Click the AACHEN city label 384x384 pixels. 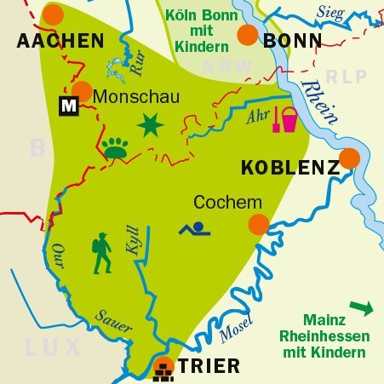(x=60, y=41)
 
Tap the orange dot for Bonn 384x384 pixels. (x=247, y=34)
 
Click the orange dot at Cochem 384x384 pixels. (x=259, y=224)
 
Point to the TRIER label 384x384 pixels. (x=209, y=367)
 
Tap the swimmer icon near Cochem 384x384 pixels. (x=196, y=228)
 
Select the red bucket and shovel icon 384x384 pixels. (x=284, y=120)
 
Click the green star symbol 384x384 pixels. (x=151, y=126)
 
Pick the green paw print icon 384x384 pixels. (x=116, y=147)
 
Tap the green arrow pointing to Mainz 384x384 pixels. (x=361, y=307)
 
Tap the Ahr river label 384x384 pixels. (x=257, y=117)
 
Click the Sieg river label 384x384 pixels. (x=330, y=11)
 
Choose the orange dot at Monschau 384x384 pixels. (x=83, y=91)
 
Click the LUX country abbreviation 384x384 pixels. (x=53, y=347)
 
